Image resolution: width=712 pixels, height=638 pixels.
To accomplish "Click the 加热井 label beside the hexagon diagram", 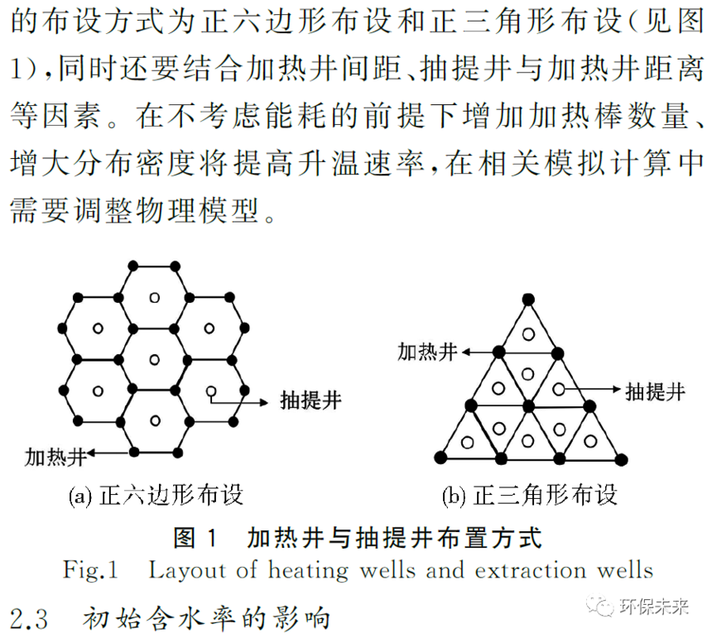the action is pyautogui.click(x=55, y=457).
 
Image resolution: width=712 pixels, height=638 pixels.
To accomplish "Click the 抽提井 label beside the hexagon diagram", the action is pyautogui.click(x=310, y=401).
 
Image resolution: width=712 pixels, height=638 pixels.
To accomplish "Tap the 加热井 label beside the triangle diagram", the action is pyautogui.click(x=427, y=353).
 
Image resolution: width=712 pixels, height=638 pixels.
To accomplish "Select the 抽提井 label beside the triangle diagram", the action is pyautogui.click(x=655, y=391).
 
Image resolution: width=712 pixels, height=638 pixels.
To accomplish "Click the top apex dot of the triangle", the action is pyautogui.click(x=528, y=300).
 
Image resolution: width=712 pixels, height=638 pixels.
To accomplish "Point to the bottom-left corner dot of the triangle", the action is pyautogui.click(x=440, y=458).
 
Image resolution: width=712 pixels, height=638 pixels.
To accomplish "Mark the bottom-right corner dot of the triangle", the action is pyautogui.click(x=621, y=459).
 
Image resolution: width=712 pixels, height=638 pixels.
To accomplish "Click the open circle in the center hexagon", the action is pyautogui.click(x=154, y=360).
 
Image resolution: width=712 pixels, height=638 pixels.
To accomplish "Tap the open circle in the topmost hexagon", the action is pyautogui.click(x=154, y=298).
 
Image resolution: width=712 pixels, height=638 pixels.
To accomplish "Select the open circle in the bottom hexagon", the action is pyautogui.click(x=155, y=420).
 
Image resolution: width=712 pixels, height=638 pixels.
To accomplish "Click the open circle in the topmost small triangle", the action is pyautogui.click(x=528, y=334).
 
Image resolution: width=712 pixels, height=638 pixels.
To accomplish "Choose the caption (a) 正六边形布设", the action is pyautogui.click(x=156, y=495).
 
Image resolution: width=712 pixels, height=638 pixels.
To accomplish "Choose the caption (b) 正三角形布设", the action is pyautogui.click(x=530, y=495).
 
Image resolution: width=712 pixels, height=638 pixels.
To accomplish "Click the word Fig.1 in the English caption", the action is pyautogui.click(x=90, y=570).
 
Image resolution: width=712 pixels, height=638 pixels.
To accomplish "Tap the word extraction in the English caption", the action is pyautogui.click(x=531, y=570).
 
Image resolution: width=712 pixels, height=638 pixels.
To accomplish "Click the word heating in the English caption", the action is pyautogui.click(x=308, y=571).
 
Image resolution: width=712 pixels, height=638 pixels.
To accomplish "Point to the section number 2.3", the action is pyautogui.click(x=29, y=619).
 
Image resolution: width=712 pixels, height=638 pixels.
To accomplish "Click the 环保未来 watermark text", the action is pyautogui.click(x=654, y=607).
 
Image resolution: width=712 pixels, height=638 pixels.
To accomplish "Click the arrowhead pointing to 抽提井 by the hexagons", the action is pyautogui.click(x=264, y=402).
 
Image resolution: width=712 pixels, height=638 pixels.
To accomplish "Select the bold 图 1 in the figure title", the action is pyautogui.click(x=195, y=538).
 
